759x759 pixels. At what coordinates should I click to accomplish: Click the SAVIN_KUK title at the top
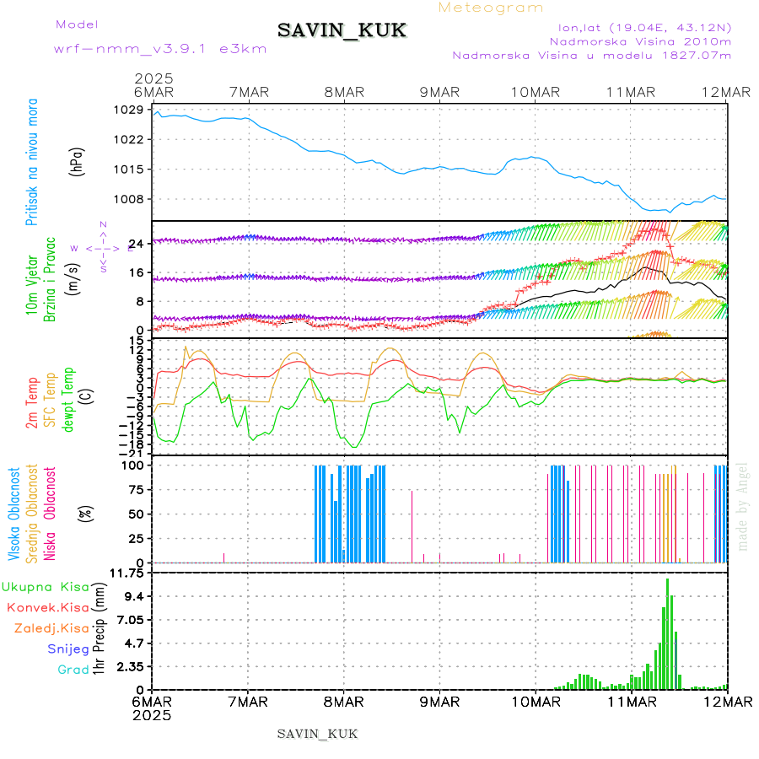[342, 31]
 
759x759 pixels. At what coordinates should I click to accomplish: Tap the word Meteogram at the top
[491, 8]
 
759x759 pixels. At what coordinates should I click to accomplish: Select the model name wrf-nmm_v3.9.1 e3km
[159, 48]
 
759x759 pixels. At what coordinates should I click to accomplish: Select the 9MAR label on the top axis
[439, 91]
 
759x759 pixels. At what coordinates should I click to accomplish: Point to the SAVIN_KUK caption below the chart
[317, 734]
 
